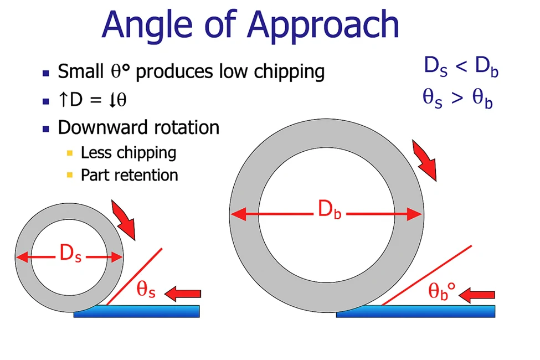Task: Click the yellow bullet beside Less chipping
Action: [69, 153]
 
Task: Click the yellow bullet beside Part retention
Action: [69, 175]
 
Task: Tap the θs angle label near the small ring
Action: [146, 290]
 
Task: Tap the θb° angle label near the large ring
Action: [442, 291]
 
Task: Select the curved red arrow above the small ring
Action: [124, 219]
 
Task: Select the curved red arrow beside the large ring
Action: [424, 160]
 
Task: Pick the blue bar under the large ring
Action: [415, 311]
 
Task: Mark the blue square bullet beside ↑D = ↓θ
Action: [46, 101]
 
